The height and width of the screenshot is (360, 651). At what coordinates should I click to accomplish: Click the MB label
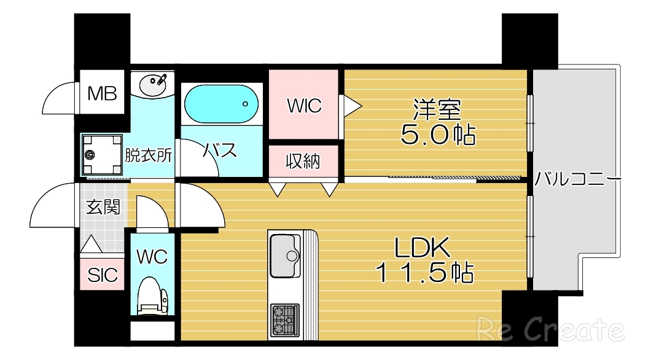[x=101, y=93]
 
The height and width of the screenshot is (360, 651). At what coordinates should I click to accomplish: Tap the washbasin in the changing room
[x=152, y=85]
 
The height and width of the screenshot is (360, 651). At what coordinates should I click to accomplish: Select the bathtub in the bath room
[x=222, y=103]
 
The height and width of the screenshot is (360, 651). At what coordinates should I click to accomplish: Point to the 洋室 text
[x=436, y=109]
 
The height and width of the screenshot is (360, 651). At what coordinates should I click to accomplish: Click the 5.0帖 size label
[x=437, y=135]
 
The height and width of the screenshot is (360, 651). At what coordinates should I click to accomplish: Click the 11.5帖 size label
[x=424, y=272]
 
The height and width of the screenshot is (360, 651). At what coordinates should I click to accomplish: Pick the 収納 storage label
[x=303, y=161]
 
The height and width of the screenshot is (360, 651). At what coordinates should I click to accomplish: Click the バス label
[x=220, y=150]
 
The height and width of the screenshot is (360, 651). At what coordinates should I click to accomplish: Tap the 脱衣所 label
[x=148, y=155]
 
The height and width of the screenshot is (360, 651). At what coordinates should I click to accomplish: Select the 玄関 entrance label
[x=103, y=207]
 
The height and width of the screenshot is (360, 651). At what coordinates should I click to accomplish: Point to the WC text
[x=152, y=256]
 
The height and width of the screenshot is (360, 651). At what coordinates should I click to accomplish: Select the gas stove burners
[x=285, y=319]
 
